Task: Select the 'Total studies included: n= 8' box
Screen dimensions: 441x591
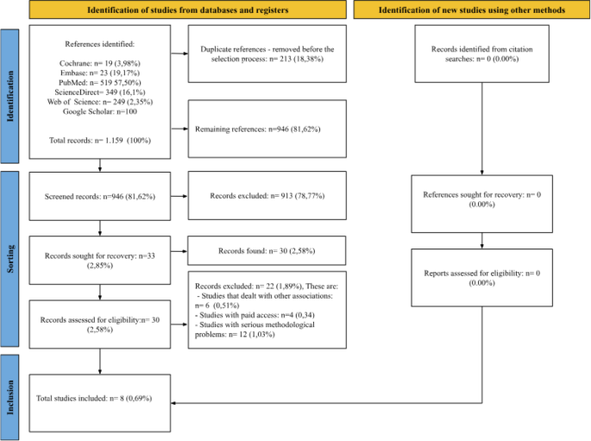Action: [101, 401]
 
